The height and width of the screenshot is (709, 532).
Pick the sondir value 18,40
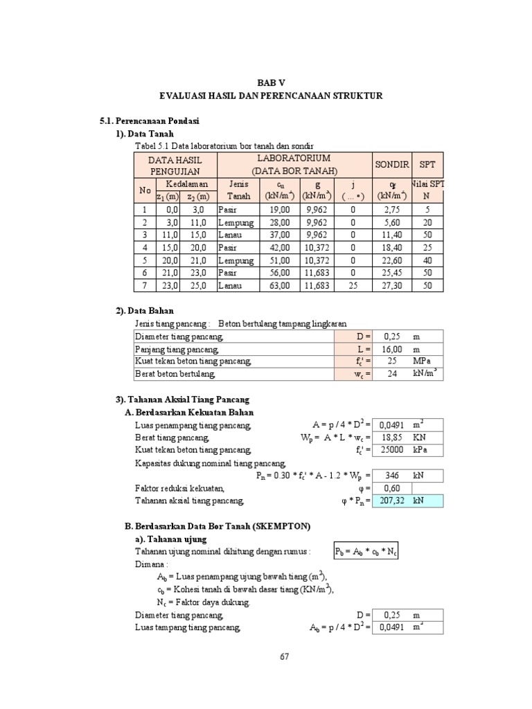391,247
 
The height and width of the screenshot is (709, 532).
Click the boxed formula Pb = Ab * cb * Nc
369,551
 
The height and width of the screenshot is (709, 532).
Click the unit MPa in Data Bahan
421,361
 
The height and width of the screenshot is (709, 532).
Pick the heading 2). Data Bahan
144,311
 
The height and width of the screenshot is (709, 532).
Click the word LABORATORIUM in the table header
294,159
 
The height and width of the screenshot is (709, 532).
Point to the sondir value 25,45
391,273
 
